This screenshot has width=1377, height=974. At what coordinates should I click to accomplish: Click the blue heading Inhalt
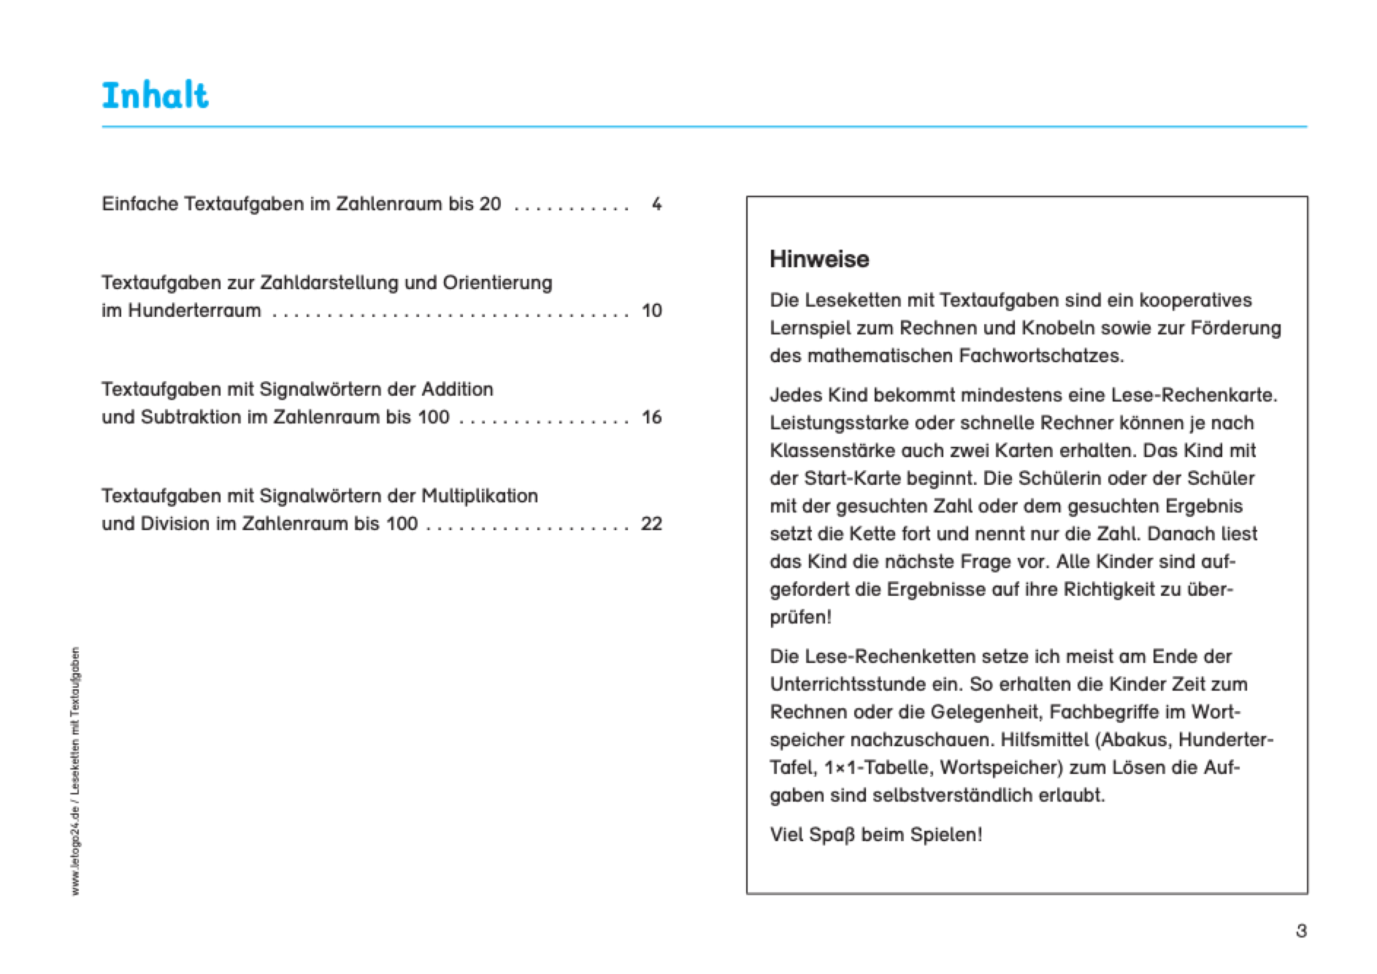pos(155,96)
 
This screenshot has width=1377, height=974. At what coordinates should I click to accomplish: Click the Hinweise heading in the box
pos(818,259)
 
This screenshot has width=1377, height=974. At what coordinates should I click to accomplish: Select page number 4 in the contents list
pos(656,204)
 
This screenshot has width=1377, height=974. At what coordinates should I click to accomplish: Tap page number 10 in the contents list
pos(651,311)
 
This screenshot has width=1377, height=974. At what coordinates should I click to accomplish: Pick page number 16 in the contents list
pos(651,418)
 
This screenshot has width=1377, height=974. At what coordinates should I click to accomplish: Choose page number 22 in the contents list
pos(651,524)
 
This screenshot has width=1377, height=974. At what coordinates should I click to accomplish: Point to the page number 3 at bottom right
pos(1300,931)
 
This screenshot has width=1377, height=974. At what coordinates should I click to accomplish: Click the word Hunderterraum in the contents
pos(194,311)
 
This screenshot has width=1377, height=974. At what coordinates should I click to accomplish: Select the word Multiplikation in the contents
pos(479,496)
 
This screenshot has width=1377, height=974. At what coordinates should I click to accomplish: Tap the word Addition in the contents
pos(456,390)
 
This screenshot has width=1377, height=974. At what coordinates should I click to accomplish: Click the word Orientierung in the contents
pos(497,283)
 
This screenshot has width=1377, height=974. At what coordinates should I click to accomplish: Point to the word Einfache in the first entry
pos(140,204)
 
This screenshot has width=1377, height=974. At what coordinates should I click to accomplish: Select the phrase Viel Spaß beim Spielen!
pos(875,835)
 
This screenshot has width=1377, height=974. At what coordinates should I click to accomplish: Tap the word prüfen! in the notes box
pos(800,618)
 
